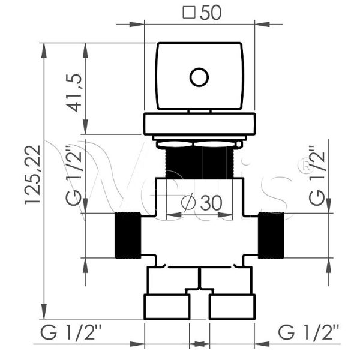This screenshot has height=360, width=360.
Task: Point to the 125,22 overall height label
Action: [x=32, y=175]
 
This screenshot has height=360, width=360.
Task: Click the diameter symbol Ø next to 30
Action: [x=188, y=203]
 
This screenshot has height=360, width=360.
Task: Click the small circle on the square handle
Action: [x=199, y=77]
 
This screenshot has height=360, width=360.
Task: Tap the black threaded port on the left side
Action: [x=127, y=235]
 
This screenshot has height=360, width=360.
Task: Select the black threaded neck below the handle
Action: [x=199, y=162]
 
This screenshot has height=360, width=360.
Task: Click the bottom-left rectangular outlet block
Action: [x=167, y=307]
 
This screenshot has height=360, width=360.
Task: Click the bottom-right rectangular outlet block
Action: [x=232, y=307]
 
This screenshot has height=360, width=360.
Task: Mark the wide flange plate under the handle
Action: [x=199, y=124]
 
